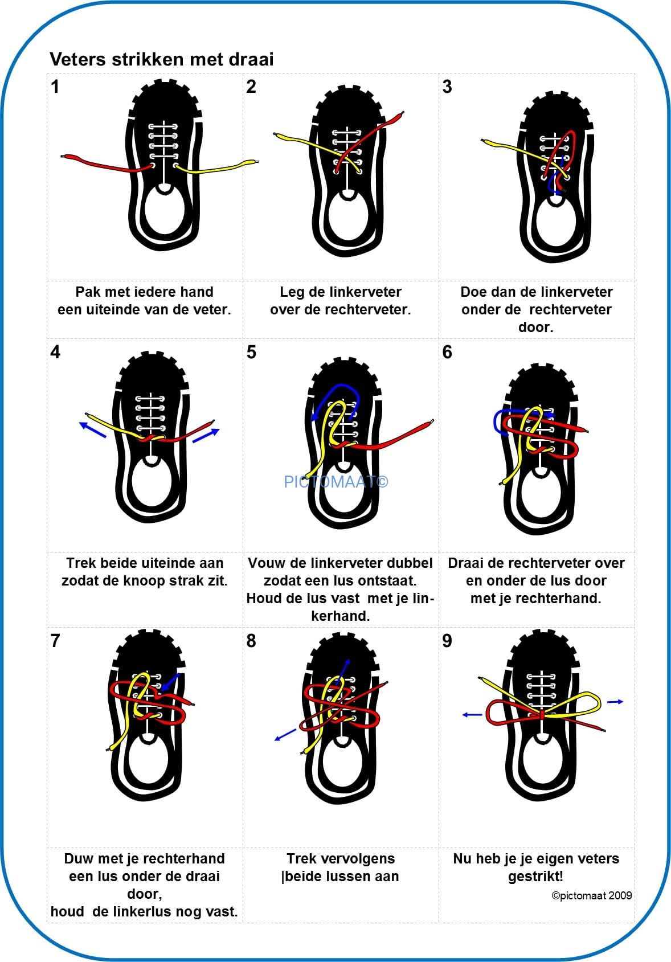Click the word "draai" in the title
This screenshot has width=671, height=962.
(251, 59)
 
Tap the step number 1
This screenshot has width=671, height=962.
(55, 87)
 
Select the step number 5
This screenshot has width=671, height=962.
(251, 352)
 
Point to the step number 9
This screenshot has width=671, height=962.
(447, 641)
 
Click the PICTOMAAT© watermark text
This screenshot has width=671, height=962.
(336, 481)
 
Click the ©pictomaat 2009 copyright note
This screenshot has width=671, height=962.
(591, 895)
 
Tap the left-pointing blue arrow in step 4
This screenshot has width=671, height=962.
(92, 430)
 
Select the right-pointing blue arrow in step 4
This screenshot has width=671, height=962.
(206, 436)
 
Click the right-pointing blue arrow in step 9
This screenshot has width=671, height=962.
(615, 702)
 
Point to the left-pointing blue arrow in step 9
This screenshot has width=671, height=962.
(472, 715)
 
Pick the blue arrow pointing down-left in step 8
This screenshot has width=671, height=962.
(285, 735)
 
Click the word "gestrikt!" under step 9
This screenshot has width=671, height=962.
(535, 877)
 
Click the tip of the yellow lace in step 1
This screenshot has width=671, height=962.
(257, 162)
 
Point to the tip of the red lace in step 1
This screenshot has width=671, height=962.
(62, 156)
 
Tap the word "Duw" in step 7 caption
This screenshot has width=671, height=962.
(78, 858)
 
